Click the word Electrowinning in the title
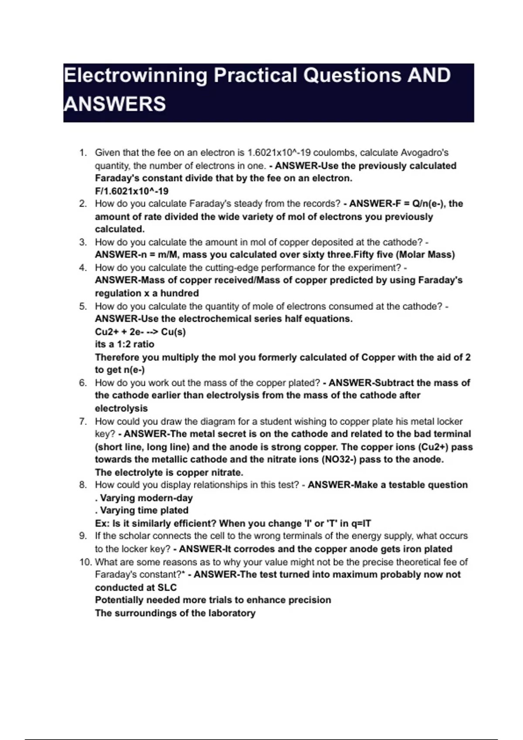tap(135, 75)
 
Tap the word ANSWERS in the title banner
tap(115, 104)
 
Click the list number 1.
tap(83, 153)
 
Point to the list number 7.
tap(83, 421)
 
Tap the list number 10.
tap(85, 562)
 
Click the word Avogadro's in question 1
tap(425, 153)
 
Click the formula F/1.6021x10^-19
tap(132, 191)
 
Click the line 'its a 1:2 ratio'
tap(125, 344)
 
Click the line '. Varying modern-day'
tap(144, 498)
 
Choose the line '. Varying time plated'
tap(142, 510)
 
